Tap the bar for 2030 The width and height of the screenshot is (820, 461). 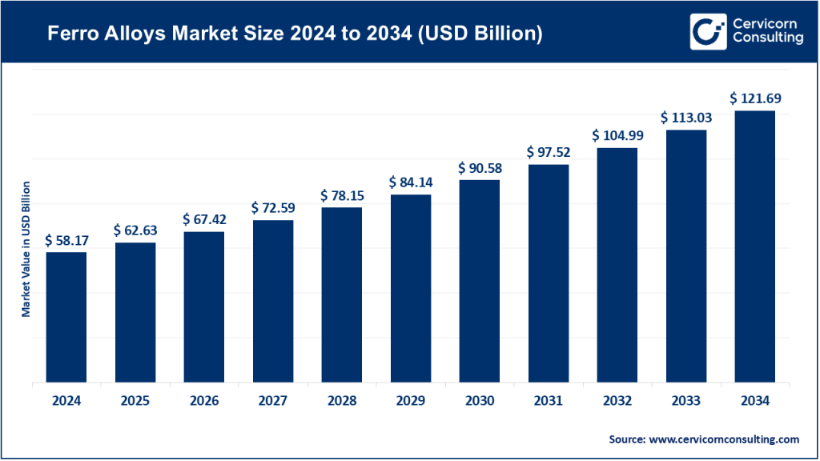[x=479, y=281]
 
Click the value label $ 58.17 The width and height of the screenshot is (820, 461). [x=66, y=239]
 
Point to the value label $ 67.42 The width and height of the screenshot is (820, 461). [x=204, y=219]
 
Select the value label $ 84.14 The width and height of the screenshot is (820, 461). [x=411, y=182]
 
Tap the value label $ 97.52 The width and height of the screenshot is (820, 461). [x=548, y=151]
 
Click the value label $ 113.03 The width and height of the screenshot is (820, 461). [x=685, y=117]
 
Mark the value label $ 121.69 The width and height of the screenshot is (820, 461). [x=754, y=98]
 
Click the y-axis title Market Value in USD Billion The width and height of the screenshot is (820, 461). [x=26, y=249]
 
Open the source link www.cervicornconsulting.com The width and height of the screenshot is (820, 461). [x=726, y=439]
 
